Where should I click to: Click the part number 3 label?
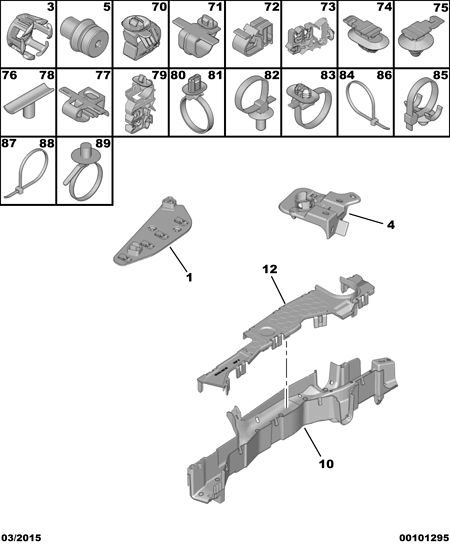[x=50, y=7]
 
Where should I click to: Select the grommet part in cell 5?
[x=84, y=37]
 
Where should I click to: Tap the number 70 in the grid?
[x=159, y=7]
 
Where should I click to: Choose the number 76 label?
[x=9, y=75]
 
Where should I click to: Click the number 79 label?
[x=159, y=75]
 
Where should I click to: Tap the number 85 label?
[x=440, y=75]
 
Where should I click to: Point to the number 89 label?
[x=103, y=143]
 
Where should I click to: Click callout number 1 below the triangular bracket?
[x=189, y=277]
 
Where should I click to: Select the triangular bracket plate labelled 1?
[x=153, y=231]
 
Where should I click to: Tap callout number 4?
[x=391, y=225]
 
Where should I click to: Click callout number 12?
[x=270, y=269]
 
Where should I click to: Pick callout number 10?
[x=326, y=463]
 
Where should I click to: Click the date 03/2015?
[x=21, y=538]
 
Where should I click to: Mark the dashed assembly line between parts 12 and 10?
[x=286, y=373]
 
